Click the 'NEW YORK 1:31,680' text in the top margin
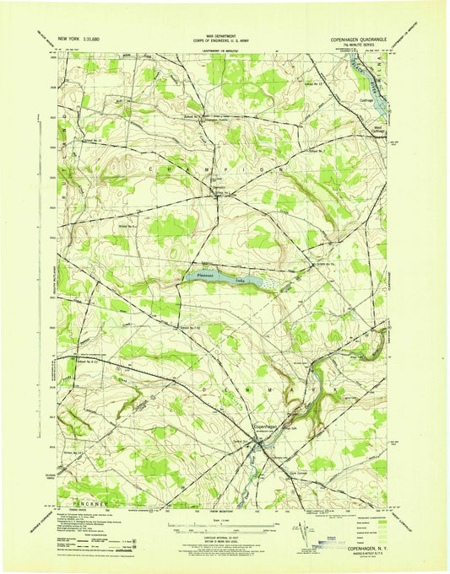tap(78, 39)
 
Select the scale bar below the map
tap(222, 527)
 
